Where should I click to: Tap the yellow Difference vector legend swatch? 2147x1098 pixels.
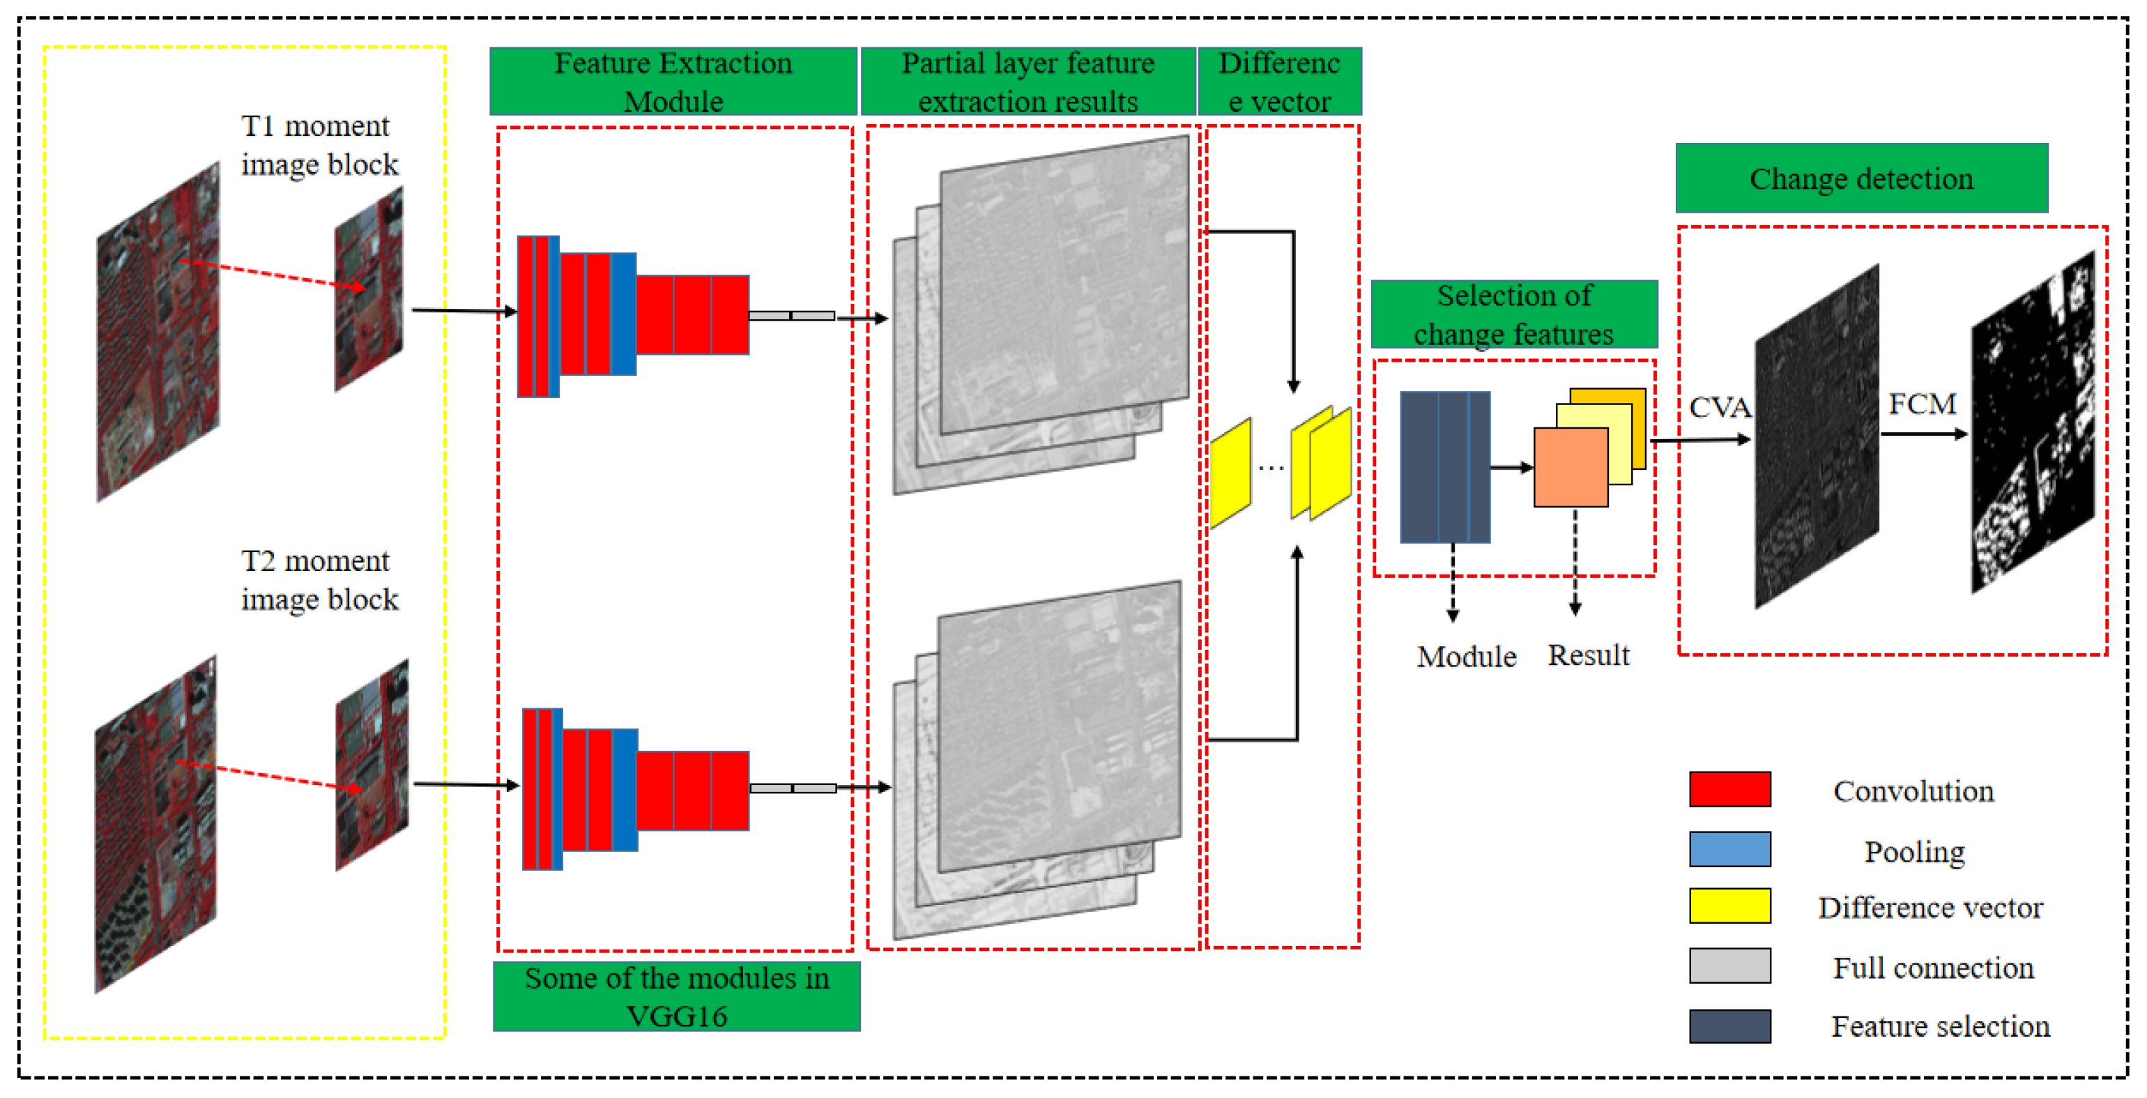1729,906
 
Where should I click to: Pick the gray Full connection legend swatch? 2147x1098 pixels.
1729,966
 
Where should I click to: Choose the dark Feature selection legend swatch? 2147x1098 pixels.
1729,1025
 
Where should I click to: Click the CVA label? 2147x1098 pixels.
1720,407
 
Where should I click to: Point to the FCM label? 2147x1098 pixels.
1921,404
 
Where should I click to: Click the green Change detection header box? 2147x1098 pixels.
1861,178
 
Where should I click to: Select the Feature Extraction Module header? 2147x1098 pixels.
673,81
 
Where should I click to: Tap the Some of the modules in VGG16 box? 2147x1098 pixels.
676,996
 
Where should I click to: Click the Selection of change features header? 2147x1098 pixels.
1513,314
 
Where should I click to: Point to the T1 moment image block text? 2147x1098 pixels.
319,145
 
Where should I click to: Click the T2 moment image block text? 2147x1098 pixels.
319,579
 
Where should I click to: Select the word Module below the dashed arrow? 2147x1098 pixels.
1466,656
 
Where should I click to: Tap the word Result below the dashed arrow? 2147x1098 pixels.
1588,655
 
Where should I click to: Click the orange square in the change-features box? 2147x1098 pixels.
1571,467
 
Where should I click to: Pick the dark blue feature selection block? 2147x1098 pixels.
1444,467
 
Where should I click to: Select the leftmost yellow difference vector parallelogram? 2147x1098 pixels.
1230,472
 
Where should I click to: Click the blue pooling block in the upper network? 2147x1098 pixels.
623,314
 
